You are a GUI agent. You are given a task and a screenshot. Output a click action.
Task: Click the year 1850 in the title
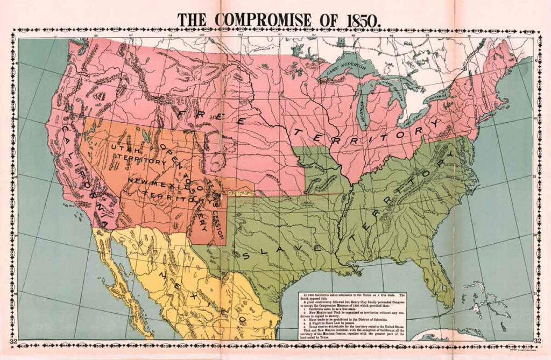click(x=363, y=19)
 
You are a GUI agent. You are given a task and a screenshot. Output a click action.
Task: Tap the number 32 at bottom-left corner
click(x=13, y=340)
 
